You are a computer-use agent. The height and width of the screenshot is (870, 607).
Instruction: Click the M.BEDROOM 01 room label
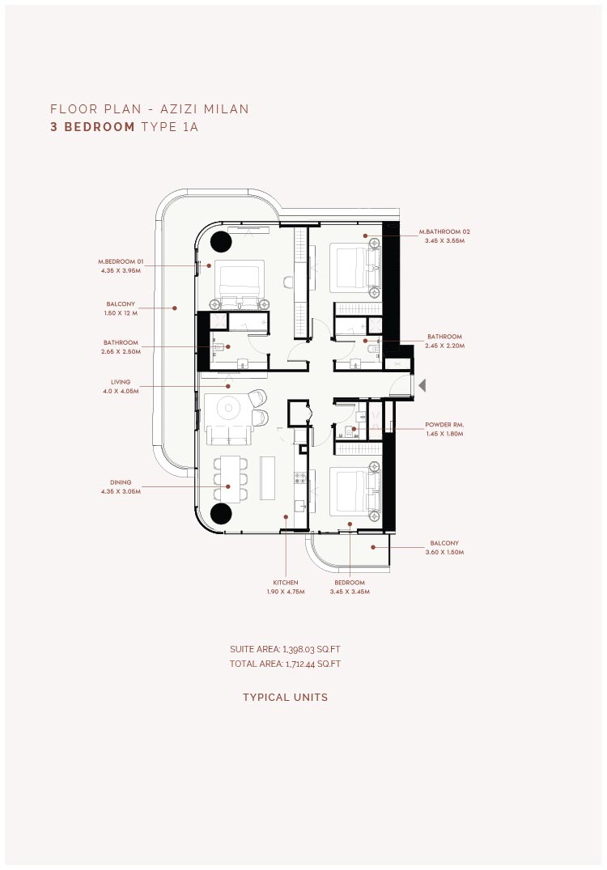coord(121,261)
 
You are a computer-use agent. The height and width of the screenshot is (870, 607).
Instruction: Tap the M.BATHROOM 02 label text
coord(444,232)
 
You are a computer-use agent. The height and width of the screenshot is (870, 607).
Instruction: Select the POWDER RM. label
coord(444,425)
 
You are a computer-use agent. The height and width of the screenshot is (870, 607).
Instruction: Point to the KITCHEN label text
coord(285,583)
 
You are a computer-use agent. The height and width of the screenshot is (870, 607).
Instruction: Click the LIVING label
coord(121,382)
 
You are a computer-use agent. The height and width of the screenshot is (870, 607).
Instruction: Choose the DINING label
coord(121,482)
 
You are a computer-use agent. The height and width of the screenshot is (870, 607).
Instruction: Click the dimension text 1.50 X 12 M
coord(121,313)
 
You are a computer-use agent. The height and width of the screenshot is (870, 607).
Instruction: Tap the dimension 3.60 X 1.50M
coord(444,553)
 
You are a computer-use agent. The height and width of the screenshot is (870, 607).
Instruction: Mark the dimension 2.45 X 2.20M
coord(444,346)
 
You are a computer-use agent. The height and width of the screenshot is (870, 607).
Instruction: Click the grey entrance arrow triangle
coord(422,385)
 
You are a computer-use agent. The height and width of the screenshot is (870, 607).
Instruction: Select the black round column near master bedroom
coord(220,241)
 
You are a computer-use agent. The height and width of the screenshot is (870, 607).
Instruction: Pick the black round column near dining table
coord(220,514)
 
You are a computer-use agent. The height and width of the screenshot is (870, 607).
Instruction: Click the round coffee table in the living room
coord(228,409)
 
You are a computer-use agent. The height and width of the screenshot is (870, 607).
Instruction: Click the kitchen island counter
coord(267,478)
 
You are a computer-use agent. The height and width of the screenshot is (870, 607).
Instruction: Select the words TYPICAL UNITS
coord(285,698)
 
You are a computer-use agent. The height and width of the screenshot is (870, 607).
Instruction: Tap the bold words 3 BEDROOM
coord(92,127)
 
